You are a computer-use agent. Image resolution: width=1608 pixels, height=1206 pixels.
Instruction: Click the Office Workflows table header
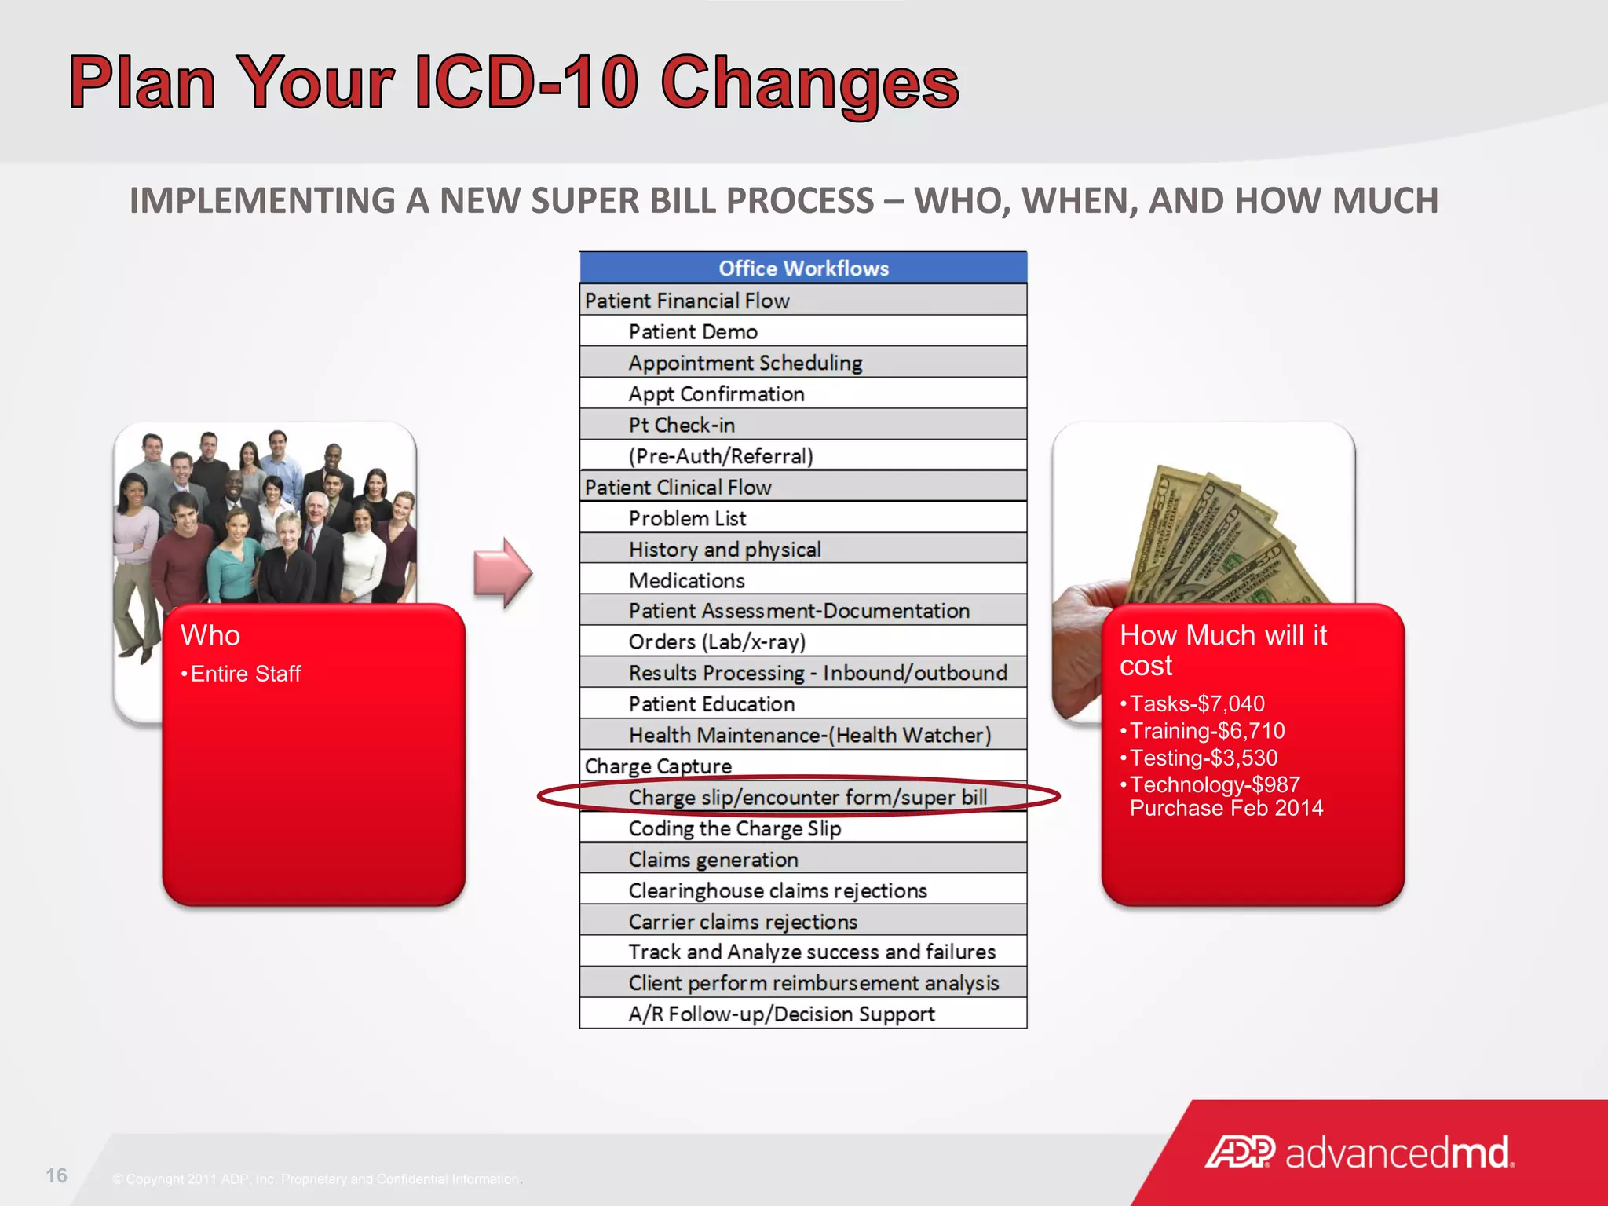pos(803,269)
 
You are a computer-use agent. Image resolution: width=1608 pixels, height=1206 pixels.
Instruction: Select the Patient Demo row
pos(693,331)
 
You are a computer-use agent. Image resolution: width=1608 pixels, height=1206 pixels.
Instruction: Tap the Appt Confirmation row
pos(716,393)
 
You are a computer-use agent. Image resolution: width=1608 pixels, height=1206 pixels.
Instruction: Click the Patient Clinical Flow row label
pos(678,487)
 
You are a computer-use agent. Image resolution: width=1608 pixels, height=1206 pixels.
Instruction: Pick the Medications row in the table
pos(686,580)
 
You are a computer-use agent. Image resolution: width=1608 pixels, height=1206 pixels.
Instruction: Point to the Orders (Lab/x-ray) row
pos(717,641)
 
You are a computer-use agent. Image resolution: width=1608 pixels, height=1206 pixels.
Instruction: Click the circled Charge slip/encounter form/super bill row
pos(807,797)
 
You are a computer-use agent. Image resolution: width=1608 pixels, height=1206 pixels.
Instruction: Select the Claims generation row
pos(713,859)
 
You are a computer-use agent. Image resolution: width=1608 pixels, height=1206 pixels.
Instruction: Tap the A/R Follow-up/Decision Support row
pos(781,1014)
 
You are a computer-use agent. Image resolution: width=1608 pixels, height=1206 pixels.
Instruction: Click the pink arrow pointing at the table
pos(502,573)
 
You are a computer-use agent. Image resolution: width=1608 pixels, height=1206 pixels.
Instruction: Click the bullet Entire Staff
pos(245,674)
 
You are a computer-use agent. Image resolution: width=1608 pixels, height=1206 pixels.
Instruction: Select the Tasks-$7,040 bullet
pos(1197,703)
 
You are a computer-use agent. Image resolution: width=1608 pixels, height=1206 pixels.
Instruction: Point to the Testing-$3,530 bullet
pos(1203,758)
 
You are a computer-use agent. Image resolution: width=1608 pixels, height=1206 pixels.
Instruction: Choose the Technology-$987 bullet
pos(1214,784)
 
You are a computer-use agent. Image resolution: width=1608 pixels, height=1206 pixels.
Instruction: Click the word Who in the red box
pos(210,635)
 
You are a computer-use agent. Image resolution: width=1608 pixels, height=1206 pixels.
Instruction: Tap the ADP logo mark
pos(1240,1152)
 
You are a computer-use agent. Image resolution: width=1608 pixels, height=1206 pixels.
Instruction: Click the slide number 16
pos(57,1175)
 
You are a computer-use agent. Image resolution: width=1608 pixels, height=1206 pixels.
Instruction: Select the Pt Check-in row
pos(681,425)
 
